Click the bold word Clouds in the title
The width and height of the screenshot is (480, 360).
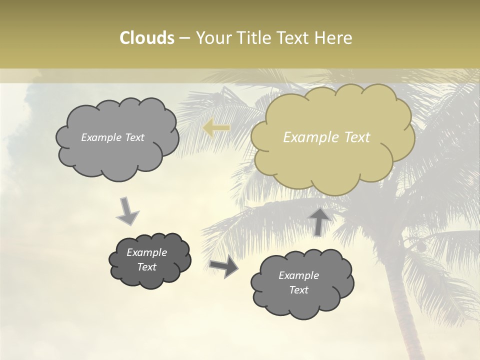point(146,38)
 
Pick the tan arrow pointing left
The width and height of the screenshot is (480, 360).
point(216,128)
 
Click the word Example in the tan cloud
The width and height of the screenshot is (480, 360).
point(307,137)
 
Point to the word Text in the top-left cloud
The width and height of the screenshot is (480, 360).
point(133,137)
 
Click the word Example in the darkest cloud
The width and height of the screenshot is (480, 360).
point(146,252)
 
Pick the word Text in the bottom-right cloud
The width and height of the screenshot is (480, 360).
point(298,290)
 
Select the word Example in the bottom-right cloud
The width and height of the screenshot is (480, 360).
point(298,275)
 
